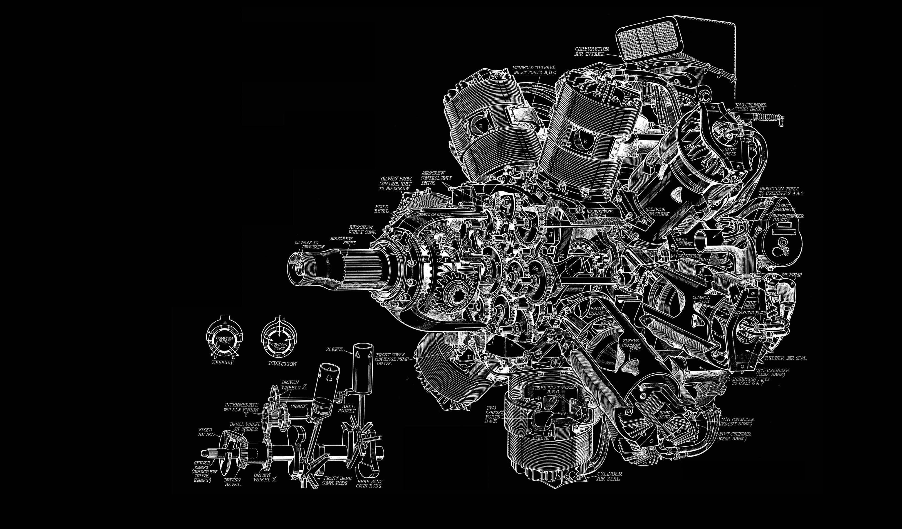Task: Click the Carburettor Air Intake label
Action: pyautogui.click(x=591, y=52)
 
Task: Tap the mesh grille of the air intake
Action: pyautogui.click(x=648, y=40)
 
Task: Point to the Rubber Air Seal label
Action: pyautogui.click(x=786, y=358)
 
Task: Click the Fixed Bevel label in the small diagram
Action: pyautogui.click(x=205, y=432)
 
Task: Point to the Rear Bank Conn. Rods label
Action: pyautogui.click(x=369, y=484)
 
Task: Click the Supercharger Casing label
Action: pyautogui.click(x=787, y=218)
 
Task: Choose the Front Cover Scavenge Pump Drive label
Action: pyautogui.click(x=390, y=359)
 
